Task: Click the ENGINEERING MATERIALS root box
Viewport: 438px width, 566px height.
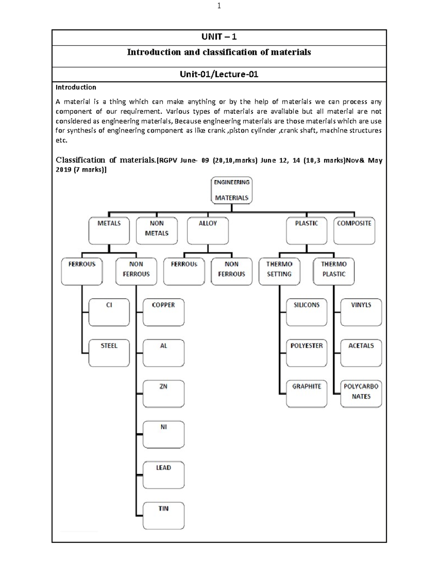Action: coord(231,190)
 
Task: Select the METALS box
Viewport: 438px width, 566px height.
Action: coord(109,231)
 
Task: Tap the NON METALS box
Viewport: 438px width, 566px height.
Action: coord(157,231)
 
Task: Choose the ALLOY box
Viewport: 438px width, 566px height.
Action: coord(208,231)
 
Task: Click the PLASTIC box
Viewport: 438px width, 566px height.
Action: coord(307,231)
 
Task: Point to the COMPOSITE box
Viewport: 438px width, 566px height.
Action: coord(354,231)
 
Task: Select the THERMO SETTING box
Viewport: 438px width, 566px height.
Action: coord(279,272)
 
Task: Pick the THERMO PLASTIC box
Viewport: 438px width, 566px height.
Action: coord(334,272)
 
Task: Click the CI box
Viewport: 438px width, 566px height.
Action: coord(109,312)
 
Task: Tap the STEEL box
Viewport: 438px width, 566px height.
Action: coord(109,353)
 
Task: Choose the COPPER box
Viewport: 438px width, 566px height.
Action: coord(163,312)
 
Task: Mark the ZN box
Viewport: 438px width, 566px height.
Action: coord(163,394)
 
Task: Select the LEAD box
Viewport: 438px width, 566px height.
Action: coord(163,475)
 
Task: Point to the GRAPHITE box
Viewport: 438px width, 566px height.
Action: coord(307,394)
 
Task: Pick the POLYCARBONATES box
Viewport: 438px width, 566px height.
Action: coord(361,394)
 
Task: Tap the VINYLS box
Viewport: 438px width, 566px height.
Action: coord(361,312)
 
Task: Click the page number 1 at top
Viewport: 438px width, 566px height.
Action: coord(219,6)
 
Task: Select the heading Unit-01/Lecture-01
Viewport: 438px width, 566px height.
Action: coord(219,75)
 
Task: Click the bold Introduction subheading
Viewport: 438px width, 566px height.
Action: coord(76,87)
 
